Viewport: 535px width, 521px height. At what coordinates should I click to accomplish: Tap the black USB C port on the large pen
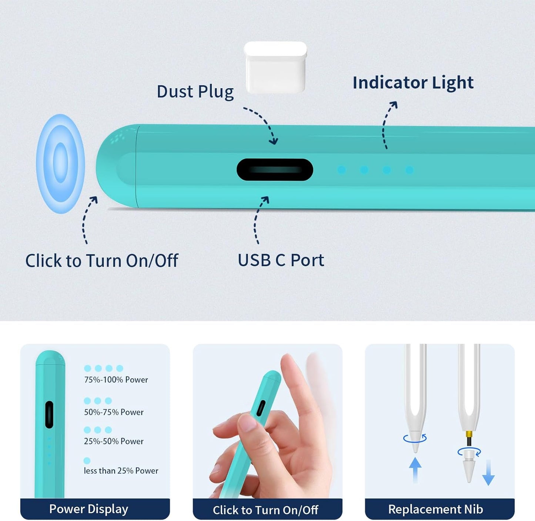pyautogui.click(x=275, y=170)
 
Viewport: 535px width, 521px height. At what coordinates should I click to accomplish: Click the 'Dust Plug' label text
pyautogui.click(x=195, y=92)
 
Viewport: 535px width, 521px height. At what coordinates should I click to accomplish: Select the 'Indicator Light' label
pyautogui.click(x=413, y=82)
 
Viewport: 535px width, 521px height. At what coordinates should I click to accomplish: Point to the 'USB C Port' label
pyautogui.click(x=281, y=260)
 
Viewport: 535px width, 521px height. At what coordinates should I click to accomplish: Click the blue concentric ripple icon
pyautogui.click(x=60, y=163)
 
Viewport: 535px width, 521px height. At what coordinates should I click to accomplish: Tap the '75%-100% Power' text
pyautogui.click(x=116, y=380)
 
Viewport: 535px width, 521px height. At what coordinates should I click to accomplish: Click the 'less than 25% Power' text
pyautogui.click(x=121, y=471)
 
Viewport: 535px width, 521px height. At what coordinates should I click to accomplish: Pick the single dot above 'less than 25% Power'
pyautogui.click(x=87, y=461)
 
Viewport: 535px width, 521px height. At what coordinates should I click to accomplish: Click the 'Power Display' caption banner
pyautogui.click(x=89, y=509)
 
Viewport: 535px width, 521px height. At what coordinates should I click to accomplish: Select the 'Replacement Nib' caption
pyautogui.click(x=435, y=509)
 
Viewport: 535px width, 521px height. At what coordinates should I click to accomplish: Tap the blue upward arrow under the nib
pyautogui.click(x=415, y=469)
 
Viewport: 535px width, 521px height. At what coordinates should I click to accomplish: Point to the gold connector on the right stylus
pyautogui.click(x=469, y=434)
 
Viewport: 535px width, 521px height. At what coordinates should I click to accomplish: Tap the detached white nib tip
pyautogui.click(x=469, y=467)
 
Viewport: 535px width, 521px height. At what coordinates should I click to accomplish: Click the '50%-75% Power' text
pyautogui.click(x=114, y=412)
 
